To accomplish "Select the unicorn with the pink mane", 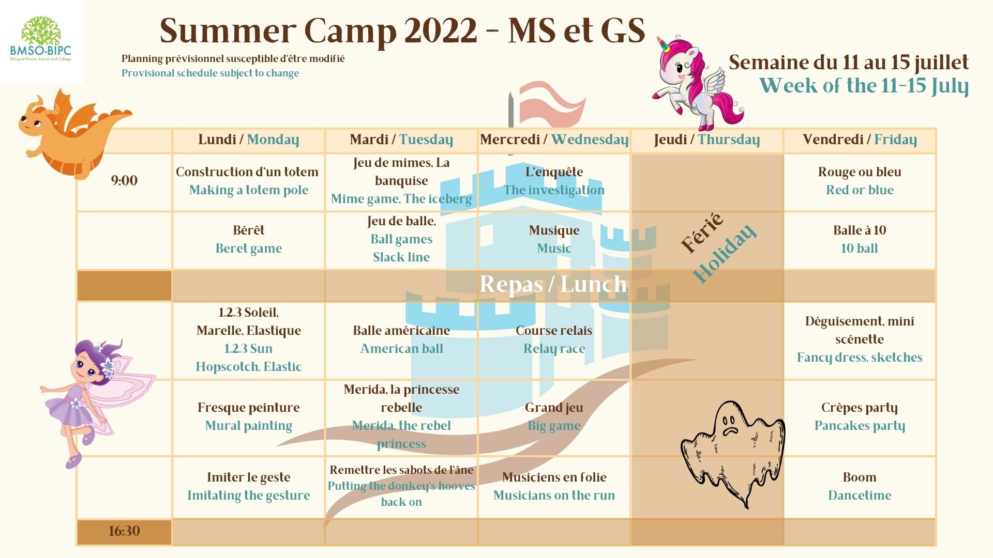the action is pos(696,83).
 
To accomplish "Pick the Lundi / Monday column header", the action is pos(248,139).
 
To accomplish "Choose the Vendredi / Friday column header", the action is pos(860,139).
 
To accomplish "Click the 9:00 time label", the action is pos(124,180).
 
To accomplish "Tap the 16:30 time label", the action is pos(124,531).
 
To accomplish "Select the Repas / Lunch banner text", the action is pos(553,284).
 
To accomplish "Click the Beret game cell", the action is pos(249,239).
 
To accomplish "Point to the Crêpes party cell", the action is pos(860,417).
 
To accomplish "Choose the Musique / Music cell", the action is pos(554,239).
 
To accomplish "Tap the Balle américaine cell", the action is pos(401,339).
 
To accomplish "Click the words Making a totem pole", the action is pos(249,190).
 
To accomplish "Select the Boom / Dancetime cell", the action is pos(860,486).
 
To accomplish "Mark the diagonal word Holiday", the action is pos(725,253).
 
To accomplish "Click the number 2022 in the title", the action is pos(441,30).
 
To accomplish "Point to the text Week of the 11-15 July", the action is pos(864,86).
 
